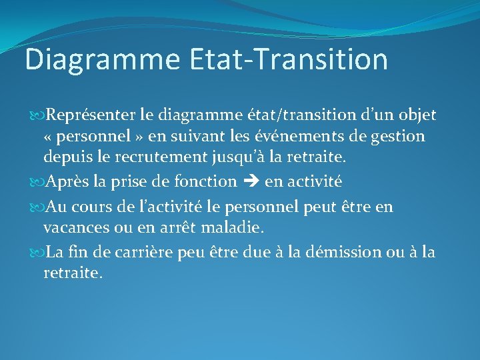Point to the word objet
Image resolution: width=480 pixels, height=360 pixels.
(x=417, y=115)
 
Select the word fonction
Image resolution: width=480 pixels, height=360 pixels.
(x=207, y=181)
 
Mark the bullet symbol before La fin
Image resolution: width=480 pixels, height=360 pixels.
(x=37, y=252)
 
